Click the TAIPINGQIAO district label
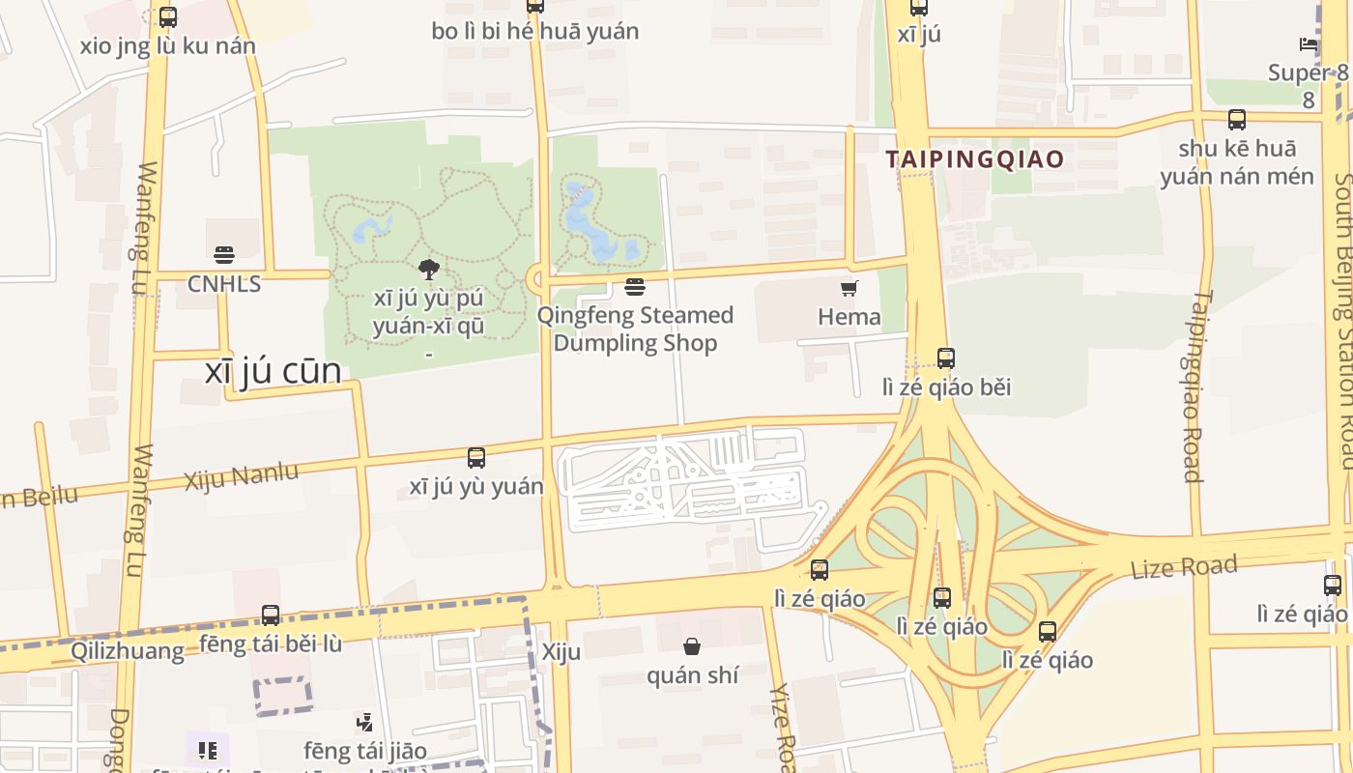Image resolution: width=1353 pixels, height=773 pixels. pos(976,159)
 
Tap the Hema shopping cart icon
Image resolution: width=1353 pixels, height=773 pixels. pos(849,288)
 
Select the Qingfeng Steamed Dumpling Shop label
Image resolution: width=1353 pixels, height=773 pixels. pos(636,329)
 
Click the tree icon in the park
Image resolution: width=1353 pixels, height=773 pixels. pos(429,270)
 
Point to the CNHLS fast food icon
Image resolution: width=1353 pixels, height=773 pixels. pos(224,255)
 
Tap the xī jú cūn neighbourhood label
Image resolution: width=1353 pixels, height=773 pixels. pos(273,371)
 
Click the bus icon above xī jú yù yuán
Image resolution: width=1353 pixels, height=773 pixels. pos(476,458)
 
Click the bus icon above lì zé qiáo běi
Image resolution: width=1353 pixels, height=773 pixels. pos(946,358)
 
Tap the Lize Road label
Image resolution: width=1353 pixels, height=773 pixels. pos(1184,567)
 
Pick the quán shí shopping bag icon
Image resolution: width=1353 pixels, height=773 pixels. pos(692,646)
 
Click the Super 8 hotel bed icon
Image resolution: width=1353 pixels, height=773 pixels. pos(1309,44)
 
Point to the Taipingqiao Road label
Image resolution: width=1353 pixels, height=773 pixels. pos(1195,386)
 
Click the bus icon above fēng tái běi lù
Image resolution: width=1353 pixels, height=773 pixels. pos(271,615)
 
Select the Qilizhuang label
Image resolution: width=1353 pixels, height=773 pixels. pos(128,651)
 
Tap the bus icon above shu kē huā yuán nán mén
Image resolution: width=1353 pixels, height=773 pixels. pos(1237,120)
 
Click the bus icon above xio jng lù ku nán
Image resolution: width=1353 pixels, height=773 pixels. pos(168,17)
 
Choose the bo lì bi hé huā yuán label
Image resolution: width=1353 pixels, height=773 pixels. pos(535,31)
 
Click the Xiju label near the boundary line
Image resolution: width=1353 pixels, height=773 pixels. pos(561,651)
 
